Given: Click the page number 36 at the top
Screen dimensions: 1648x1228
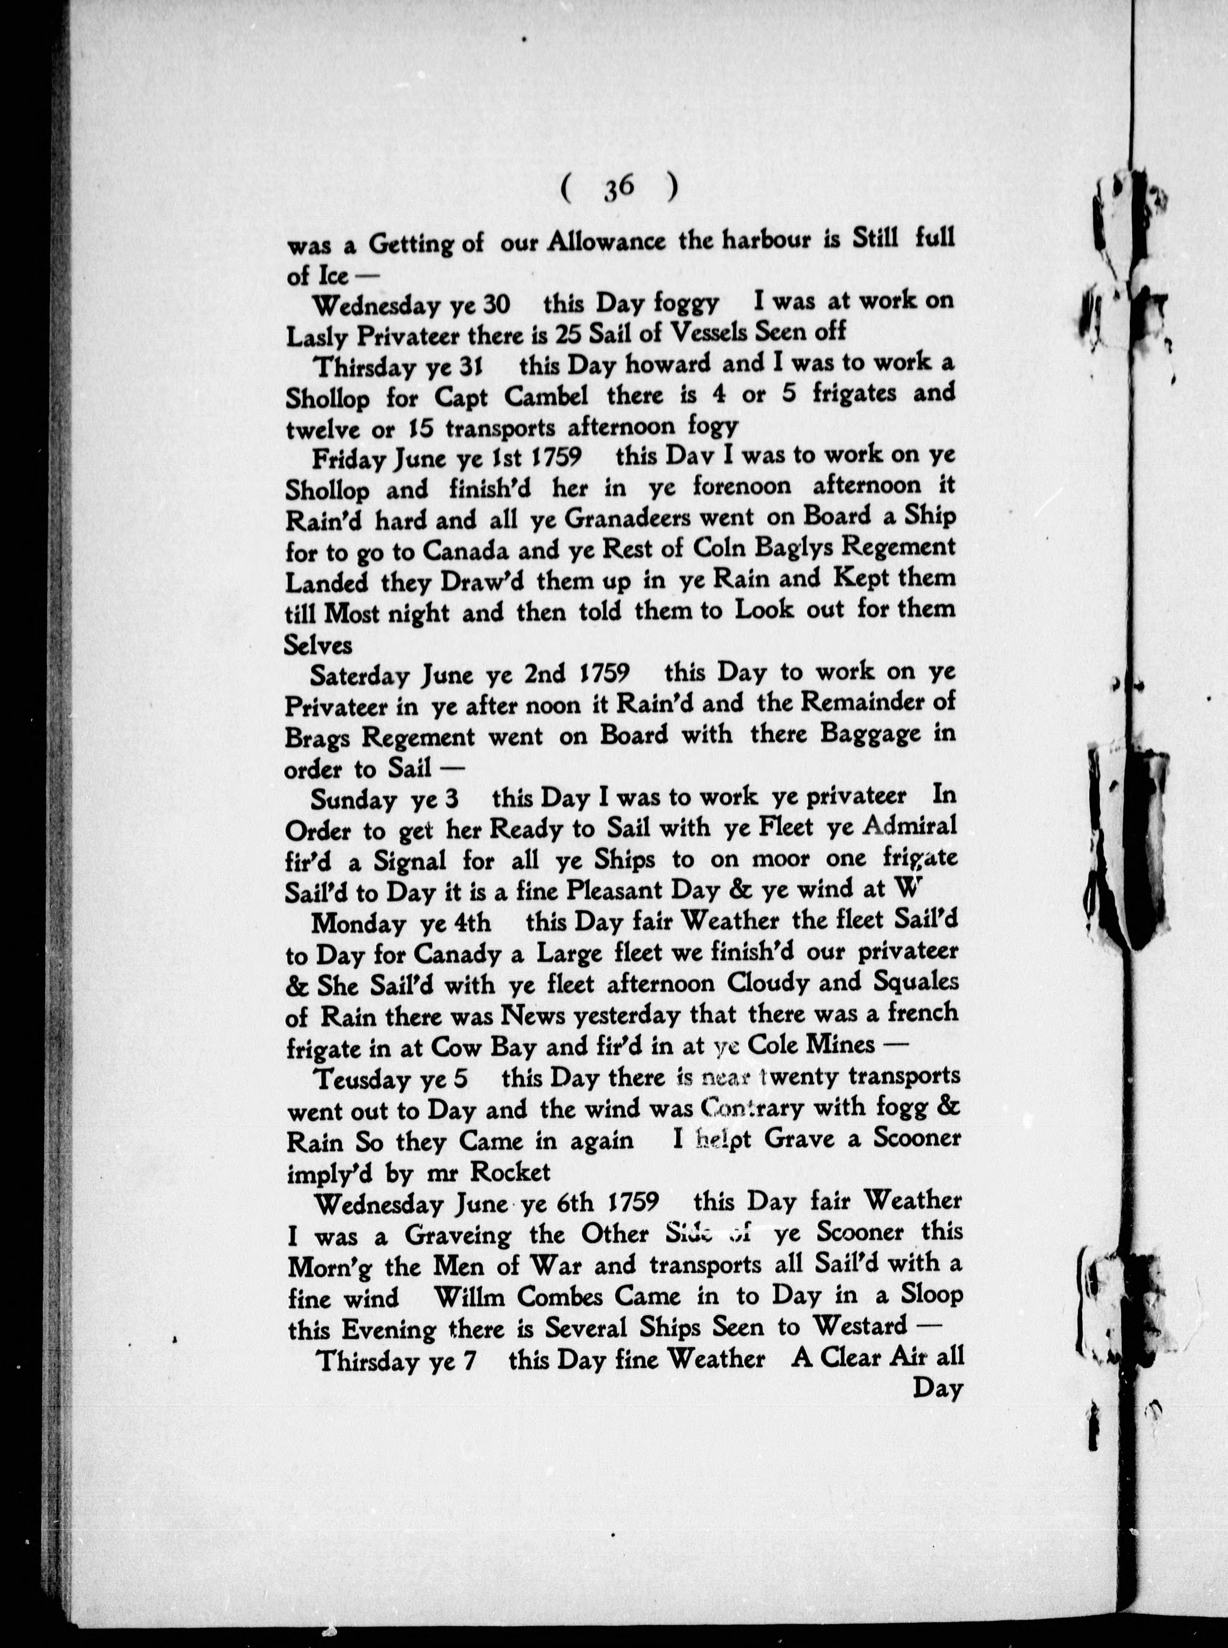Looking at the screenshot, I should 618,190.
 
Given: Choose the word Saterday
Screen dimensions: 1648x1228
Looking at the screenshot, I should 360,676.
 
